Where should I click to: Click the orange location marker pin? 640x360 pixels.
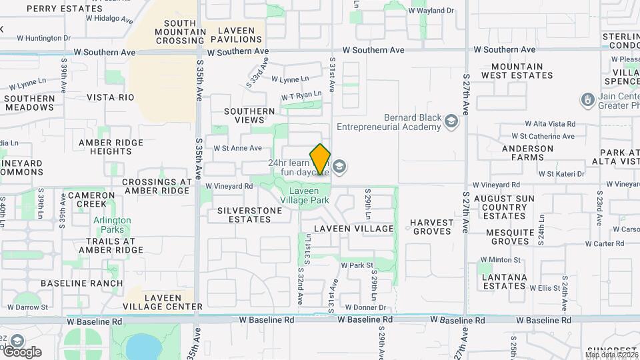pos(321,159)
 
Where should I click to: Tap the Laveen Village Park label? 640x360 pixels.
pos(305,195)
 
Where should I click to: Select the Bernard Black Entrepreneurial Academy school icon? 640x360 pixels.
pos(451,121)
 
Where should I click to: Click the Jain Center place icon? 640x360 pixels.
pos(587,100)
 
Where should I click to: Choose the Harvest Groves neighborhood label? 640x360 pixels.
pos(431,227)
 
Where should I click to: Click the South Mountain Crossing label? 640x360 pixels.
pos(180,31)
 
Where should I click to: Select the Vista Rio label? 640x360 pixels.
pos(111,97)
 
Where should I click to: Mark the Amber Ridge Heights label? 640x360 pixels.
pos(110,147)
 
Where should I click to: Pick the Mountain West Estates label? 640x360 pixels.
pos(522,71)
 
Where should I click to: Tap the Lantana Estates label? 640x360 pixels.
pos(505,281)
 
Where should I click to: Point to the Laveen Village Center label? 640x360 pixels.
pos(163,302)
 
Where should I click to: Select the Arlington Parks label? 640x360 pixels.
pos(112,225)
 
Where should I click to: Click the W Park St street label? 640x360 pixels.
pos(357,265)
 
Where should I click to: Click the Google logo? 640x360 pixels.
pos(21,351)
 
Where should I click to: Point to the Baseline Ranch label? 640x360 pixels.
pos(82,283)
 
